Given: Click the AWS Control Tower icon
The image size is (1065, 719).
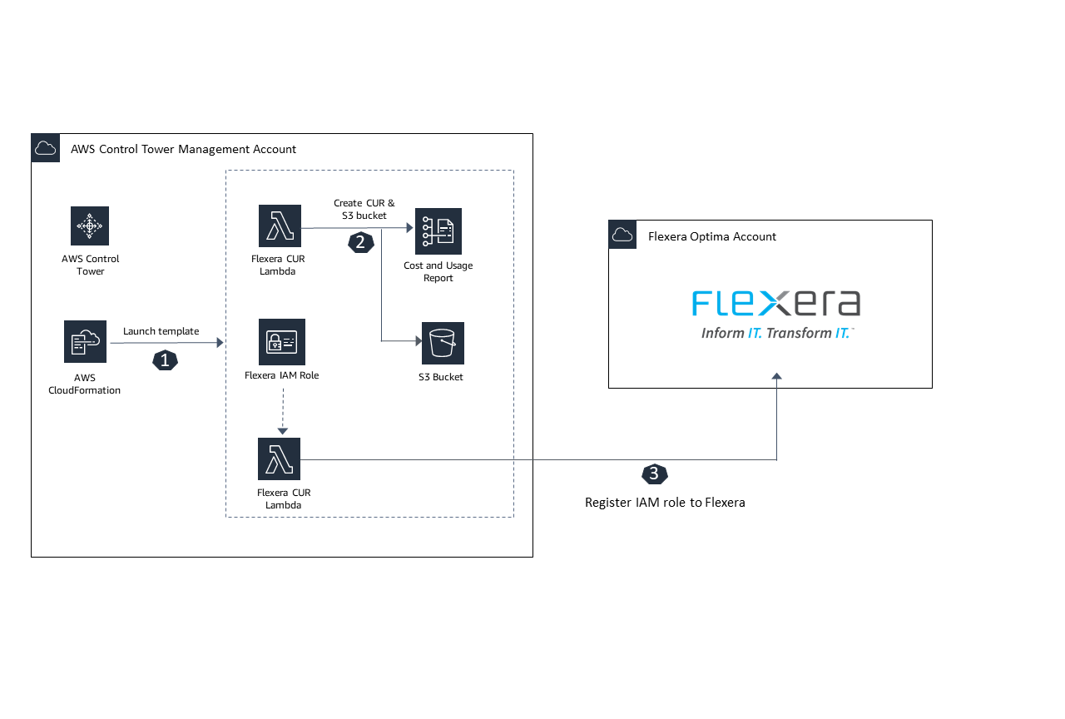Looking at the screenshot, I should coord(90,226).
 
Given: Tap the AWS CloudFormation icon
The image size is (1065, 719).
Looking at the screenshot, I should coord(85,341).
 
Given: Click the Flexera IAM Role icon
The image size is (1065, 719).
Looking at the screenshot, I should coord(282,342).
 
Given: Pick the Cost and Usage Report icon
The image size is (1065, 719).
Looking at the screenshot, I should coord(438,231).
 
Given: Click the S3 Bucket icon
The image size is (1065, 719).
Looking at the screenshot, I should coord(443,343).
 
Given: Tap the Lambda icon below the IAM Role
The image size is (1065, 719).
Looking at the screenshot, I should coord(280,459).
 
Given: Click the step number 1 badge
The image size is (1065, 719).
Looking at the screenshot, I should coord(164,360).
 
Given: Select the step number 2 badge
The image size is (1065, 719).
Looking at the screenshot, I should coord(359,242).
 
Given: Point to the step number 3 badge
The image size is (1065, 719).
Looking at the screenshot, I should coord(654,474).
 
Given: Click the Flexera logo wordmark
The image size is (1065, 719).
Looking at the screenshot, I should coord(775,303).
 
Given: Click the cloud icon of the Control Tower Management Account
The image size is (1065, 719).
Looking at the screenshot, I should coord(46,148).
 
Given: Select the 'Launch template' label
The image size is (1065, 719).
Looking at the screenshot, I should coord(161,331).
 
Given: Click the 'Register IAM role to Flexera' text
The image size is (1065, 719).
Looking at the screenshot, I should coord(665,503).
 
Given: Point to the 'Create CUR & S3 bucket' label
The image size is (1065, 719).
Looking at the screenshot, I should coord(364,209).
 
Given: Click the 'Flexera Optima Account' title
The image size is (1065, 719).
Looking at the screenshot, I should coord(711,236).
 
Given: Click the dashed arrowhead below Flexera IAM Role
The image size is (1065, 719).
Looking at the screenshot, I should coord(282,430).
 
